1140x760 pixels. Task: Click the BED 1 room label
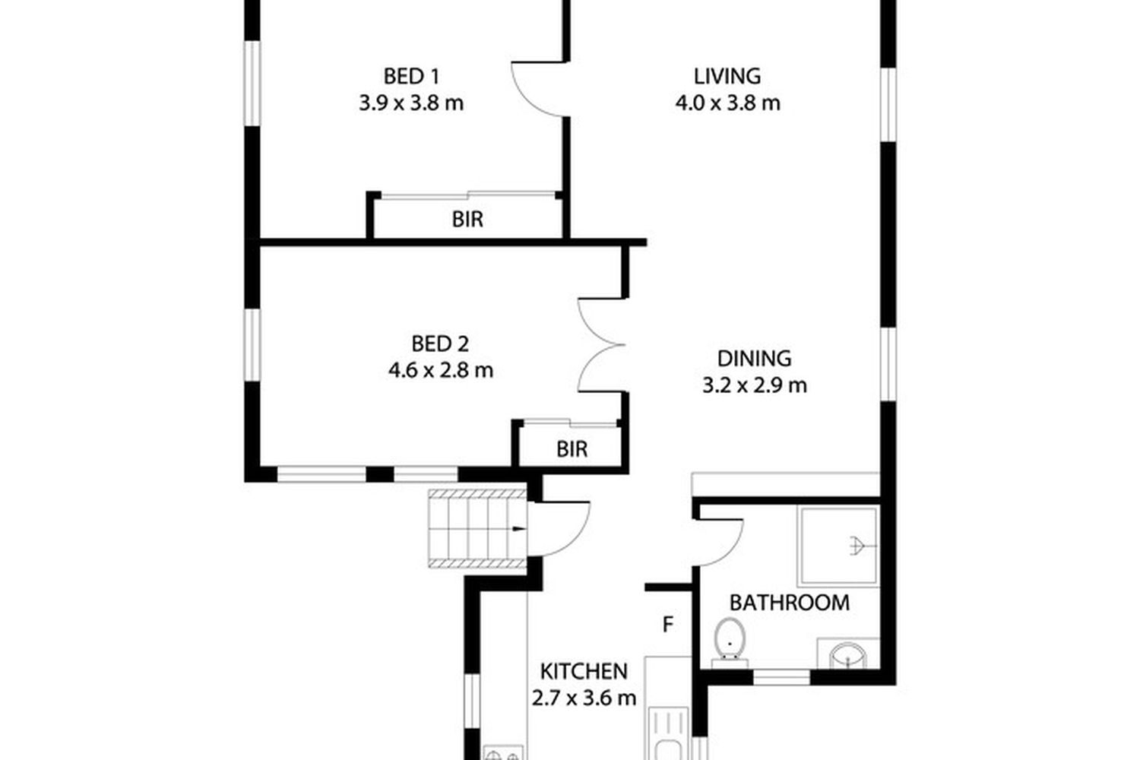click(x=410, y=76)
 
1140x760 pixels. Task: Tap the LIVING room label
click(x=727, y=76)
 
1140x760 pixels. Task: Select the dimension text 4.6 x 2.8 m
click(x=441, y=370)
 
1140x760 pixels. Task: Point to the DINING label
click(x=754, y=359)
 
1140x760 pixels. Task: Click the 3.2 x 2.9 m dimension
click(x=755, y=385)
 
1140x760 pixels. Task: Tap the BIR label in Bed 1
click(x=467, y=220)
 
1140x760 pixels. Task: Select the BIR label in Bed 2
click(x=572, y=449)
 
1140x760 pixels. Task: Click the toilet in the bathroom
click(x=730, y=643)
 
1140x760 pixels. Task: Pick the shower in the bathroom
click(x=838, y=546)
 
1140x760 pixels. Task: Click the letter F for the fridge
click(x=668, y=624)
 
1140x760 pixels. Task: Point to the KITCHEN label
click(x=584, y=672)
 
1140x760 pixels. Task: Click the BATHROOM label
click(x=790, y=603)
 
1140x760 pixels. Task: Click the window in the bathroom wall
click(x=782, y=677)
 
